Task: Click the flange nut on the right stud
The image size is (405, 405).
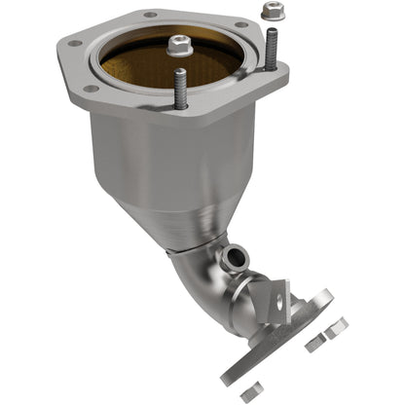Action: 271,13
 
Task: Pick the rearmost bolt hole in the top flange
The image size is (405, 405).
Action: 149,15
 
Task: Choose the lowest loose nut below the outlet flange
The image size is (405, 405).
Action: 250,392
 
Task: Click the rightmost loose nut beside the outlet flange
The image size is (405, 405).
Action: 337,332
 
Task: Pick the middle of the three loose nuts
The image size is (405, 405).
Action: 313,345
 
